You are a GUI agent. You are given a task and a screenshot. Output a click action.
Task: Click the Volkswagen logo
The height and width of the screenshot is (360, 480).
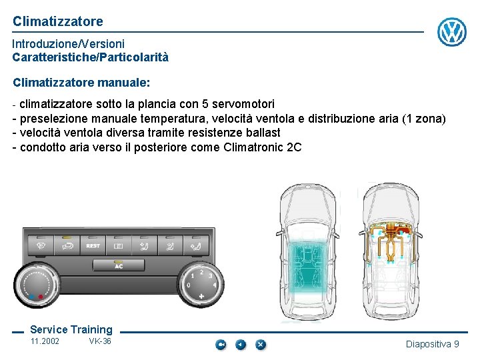point(452,31)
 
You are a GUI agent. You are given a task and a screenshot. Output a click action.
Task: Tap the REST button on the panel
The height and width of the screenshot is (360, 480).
point(93,245)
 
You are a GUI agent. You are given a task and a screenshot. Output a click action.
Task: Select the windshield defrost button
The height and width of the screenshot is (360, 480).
point(41,245)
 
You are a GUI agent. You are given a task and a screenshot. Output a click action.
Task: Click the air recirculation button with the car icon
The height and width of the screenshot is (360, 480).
point(67,245)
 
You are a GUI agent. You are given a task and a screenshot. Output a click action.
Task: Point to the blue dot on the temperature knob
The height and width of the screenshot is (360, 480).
point(31,297)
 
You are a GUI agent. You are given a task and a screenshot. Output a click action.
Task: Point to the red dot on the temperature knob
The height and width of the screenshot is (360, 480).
point(41,296)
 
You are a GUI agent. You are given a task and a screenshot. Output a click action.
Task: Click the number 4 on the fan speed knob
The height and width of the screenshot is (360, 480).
point(215,285)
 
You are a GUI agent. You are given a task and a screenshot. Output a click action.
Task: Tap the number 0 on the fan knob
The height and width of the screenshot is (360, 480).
point(189,285)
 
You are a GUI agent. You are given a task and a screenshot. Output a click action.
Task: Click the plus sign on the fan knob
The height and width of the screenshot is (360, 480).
point(201,296)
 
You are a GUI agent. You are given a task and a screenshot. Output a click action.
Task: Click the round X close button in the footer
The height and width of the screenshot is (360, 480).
point(261,345)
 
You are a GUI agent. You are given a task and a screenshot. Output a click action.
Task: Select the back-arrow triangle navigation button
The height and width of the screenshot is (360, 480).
point(241,345)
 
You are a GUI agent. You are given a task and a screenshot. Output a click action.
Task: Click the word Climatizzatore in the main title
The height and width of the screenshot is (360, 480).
point(58,21)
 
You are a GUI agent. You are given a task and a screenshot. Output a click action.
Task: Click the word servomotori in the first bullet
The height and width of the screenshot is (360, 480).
point(243,104)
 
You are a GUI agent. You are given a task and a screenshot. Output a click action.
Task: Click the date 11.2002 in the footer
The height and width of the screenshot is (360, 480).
point(45,341)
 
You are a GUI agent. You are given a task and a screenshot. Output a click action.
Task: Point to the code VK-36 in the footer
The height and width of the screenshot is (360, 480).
point(100,341)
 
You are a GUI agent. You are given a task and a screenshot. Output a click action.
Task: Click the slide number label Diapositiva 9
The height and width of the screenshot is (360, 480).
point(432,344)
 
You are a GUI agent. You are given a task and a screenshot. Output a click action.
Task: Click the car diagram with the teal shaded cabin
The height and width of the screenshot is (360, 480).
point(308,252)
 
